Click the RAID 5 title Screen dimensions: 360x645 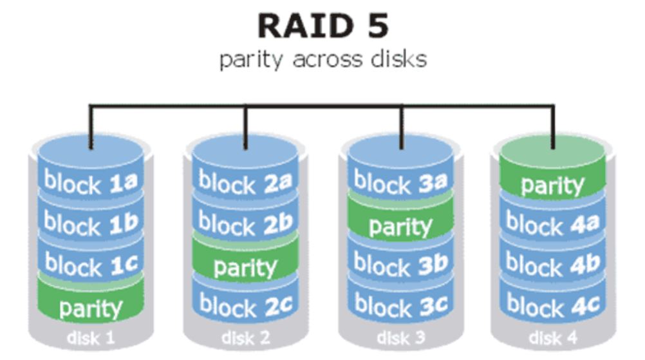click(322, 26)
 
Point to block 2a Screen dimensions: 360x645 click(245, 183)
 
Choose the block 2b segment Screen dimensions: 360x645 click(245, 223)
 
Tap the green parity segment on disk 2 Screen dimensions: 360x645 click(245, 267)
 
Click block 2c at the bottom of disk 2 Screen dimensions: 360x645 click(245, 305)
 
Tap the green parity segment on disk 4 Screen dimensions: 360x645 click(552, 185)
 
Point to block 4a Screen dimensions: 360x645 click(552, 224)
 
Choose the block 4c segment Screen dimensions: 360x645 click(552, 305)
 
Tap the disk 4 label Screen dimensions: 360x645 click(552, 337)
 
